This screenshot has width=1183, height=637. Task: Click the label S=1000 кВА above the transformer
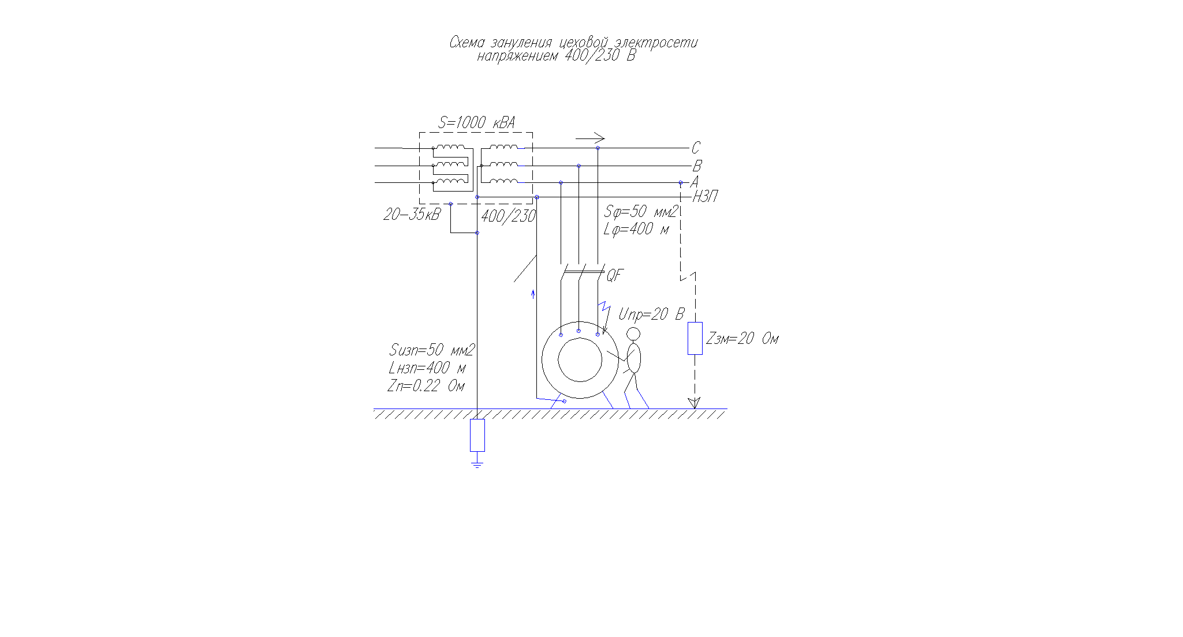(477, 122)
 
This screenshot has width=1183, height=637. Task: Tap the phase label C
(696, 148)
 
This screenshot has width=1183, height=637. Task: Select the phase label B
(697, 166)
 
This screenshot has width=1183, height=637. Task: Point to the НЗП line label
(705, 197)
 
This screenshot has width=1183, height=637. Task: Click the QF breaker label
(615, 276)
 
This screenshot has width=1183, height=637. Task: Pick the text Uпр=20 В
(651, 314)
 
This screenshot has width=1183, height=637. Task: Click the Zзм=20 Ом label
(742, 339)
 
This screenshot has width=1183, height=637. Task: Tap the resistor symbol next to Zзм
(695, 338)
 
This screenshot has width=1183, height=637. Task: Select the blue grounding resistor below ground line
(477, 435)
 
